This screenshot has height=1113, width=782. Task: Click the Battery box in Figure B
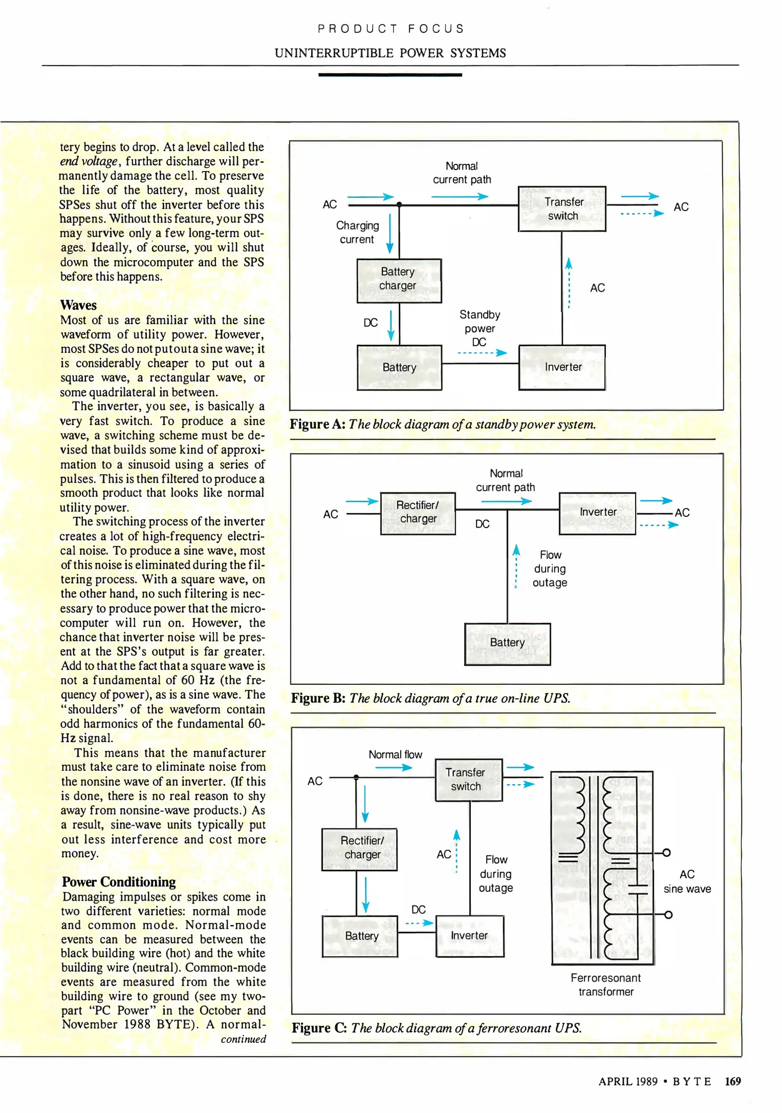pyautogui.click(x=507, y=644)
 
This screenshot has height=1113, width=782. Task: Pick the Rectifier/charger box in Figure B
pyautogui.click(x=418, y=513)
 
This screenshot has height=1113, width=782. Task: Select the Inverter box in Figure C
pyautogui.click(x=469, y=936)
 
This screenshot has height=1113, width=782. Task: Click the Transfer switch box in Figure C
pyautogui.click(x=468, y=780)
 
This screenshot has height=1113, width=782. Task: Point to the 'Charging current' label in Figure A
pyautogui.click(x=357, y=232)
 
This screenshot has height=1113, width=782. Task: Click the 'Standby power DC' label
pyautogui.click(x=480, y=328)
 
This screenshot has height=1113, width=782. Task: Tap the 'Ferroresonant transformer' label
pyautogui.click(x=606, y=985)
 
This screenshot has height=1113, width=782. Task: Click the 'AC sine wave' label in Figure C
pyautogui.click(x=687, y=882)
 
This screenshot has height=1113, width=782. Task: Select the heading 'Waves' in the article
pyautogui.click(x=78, y=305)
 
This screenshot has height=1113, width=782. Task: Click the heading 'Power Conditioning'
pyautogui.click(x=119, y=882)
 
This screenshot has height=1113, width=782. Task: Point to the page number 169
pyautogui.click(x=732, y=1081)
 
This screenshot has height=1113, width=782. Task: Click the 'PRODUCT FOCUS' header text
pyautogui.click(x=390, y=29)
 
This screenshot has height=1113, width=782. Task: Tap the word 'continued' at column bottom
pyautogui.click(x=243, y=1039)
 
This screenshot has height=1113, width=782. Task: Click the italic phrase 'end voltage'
pyautogui.click(x=89, y=161)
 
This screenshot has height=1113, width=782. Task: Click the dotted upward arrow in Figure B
pyautogui.click(x=516, y=566)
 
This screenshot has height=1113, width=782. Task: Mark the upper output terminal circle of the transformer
pyautogui.click(x=666, y=853)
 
